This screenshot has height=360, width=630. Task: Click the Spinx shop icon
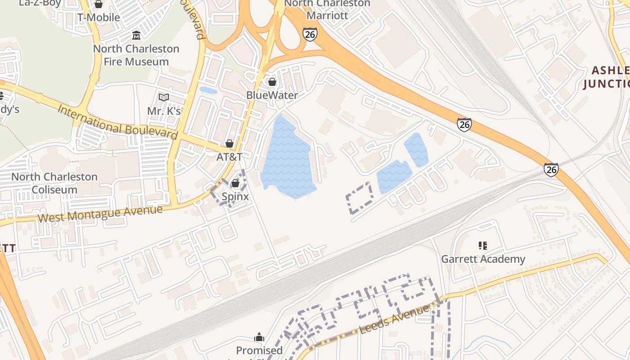point(235,183)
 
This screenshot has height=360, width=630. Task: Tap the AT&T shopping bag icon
point(229,144)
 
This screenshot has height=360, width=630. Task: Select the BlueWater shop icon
point(272,82)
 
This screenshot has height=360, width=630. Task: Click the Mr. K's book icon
point(164,97)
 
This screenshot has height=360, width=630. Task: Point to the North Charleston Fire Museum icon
point(136,35)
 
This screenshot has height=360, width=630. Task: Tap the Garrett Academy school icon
point(483,246)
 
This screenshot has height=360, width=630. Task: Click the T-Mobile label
point(99,18)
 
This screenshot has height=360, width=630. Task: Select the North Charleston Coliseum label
point(54,183)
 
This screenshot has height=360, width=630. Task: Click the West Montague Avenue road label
point(100,213)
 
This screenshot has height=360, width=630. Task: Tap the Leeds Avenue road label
point(394,319)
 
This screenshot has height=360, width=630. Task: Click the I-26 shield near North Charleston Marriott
point(310,34)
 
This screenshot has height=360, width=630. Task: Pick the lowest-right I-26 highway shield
point(551,169)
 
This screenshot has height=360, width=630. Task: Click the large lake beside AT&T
point(287,157)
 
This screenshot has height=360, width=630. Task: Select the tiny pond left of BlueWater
point(208,90)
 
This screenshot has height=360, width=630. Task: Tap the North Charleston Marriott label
point(327,9)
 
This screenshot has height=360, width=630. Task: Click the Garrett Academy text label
point(483,259)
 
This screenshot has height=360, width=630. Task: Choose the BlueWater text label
point(272,95)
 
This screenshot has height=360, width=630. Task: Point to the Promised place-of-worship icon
point(259,337)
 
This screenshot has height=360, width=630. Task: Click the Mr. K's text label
point(164,111)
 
